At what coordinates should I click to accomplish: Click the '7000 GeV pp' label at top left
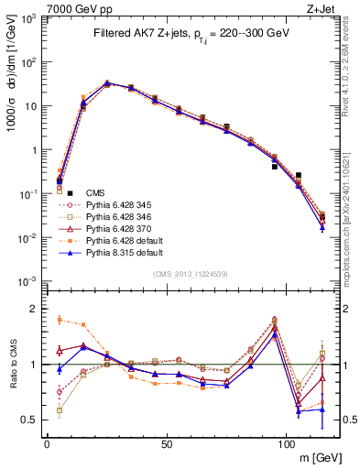point(80,8)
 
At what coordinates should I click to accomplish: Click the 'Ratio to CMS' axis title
point(13,365)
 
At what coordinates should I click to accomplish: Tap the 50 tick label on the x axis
point(166,444)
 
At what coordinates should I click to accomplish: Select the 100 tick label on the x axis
point(286,444)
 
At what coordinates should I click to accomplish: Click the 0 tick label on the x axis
point(47,444)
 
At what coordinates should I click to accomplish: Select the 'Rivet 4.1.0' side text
point(353,73)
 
